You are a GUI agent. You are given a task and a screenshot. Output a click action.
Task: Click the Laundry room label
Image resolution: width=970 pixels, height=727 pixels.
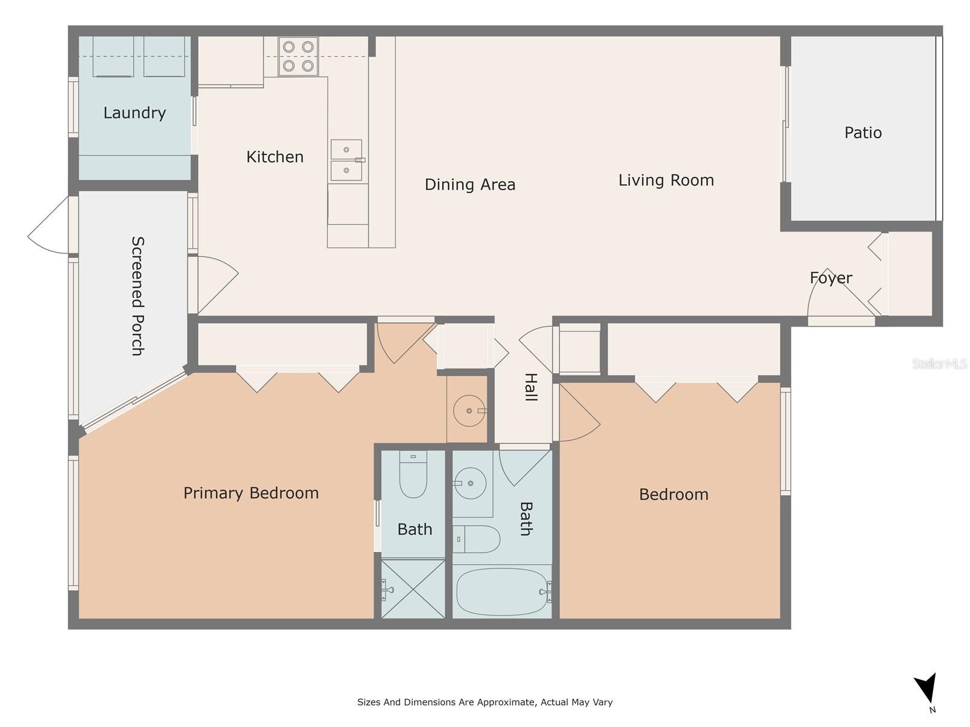pos(135,113)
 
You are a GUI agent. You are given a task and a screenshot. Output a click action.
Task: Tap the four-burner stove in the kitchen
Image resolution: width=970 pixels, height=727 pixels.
pos(298,56)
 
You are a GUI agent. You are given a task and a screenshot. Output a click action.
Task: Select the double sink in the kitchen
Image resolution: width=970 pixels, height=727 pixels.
pos(346,160)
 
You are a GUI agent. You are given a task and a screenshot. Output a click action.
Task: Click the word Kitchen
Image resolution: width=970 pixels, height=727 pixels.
pos(275,157)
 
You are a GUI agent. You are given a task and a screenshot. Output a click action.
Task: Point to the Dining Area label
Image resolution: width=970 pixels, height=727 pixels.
pos(470,185)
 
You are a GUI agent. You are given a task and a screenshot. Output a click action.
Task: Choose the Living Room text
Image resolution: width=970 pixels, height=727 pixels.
pos(666,180)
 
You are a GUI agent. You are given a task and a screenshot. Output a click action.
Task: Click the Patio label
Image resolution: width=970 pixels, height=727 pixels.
pos(863,133)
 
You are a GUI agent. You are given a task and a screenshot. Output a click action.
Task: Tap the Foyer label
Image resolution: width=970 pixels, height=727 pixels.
pos(831,278)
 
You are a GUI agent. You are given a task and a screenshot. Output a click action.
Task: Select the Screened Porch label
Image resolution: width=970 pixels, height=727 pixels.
pos(138,296)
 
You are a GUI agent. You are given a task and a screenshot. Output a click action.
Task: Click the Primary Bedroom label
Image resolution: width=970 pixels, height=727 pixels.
pos(251,493)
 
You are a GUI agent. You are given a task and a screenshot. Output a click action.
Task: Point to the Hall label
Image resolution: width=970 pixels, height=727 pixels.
pos(530,387)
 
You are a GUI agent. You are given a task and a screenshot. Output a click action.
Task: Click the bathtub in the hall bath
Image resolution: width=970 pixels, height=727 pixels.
pos(503,591)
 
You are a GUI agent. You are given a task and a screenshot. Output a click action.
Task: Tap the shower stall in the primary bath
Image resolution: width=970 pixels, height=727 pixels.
pos(413,589)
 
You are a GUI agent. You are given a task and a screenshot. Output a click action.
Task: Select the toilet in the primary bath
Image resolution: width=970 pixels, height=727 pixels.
pos(413,474)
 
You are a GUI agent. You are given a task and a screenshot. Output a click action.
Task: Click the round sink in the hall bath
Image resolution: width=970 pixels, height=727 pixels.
pos(470,483)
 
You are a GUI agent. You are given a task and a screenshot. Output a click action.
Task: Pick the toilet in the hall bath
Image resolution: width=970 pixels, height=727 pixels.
pos(477,539)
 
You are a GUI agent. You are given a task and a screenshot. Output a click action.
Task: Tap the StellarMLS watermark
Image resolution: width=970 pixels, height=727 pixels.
pos(940,363)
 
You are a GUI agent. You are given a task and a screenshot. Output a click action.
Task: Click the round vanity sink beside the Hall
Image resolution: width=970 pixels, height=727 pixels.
pos(469,411)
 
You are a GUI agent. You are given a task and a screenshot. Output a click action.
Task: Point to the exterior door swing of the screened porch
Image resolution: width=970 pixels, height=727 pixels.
pos(48,225)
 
